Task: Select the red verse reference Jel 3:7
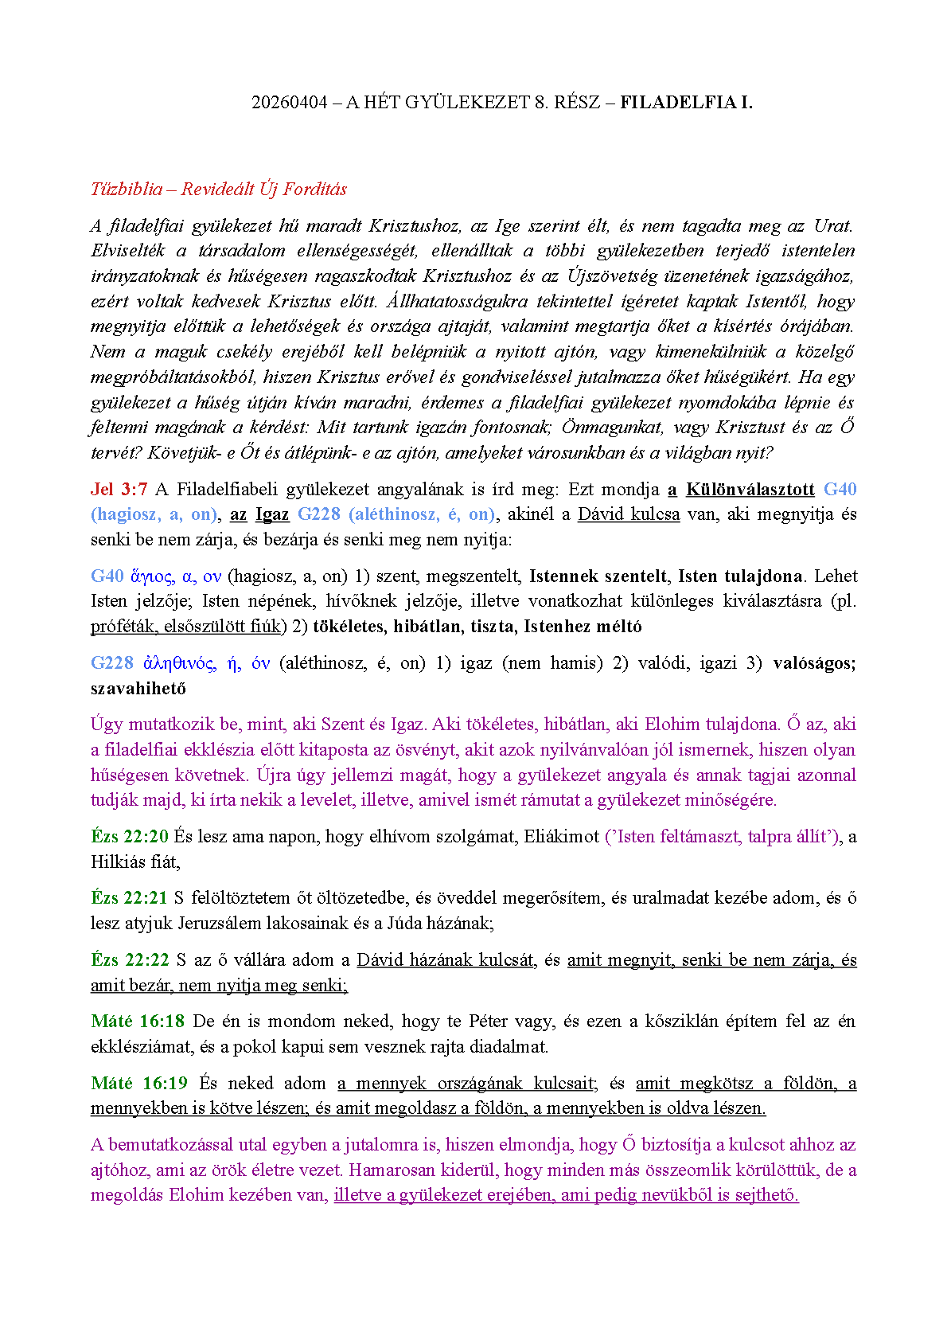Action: coord(119,490)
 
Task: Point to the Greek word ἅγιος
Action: coord(151,576)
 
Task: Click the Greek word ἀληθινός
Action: coord(179,663)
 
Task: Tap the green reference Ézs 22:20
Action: coord(130,837)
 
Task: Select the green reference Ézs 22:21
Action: coord(130,898)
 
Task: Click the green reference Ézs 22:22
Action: coord(130,960)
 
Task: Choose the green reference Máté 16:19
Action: coord(138,1084)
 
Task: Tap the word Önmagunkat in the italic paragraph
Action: coord(612,428)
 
